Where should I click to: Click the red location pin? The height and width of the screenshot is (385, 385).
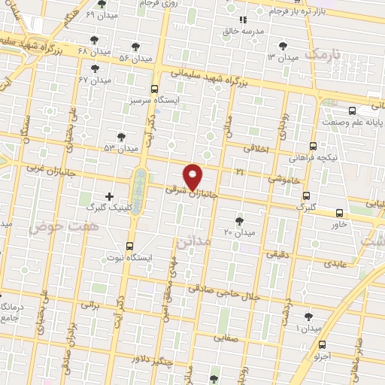[193, 177]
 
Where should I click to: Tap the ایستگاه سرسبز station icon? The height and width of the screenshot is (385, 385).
[154, 87]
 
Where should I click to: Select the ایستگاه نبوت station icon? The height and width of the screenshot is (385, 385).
[130, 246]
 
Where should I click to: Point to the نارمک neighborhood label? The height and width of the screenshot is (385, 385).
[324, 55]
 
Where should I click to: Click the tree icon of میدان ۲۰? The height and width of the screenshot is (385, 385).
[239, 220]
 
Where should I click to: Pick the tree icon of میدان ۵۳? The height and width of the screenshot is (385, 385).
[121, 136]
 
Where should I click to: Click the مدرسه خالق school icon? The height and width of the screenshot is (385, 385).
[242, 20]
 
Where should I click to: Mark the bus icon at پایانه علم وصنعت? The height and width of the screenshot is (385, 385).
[353, 110]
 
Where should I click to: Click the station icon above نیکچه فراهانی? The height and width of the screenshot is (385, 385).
[314, 147]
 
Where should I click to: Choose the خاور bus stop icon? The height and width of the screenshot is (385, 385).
[339, 212]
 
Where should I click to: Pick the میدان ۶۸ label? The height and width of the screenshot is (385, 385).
[94, 51]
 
